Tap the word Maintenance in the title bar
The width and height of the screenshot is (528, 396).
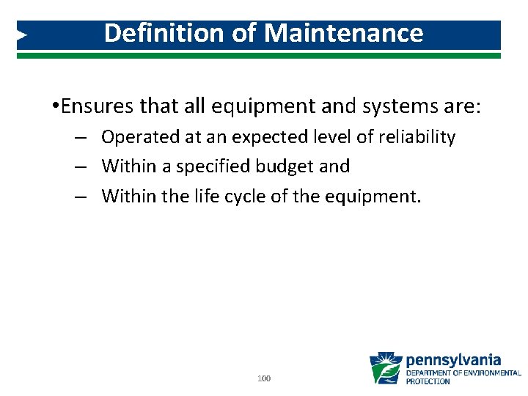click(344, 33)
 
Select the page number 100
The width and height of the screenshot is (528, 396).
click(265, 378)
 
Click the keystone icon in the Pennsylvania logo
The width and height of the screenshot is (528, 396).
click(385, 368)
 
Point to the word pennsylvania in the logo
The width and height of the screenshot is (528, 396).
click(453, 360)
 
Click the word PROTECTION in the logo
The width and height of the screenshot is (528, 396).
click(428, 381)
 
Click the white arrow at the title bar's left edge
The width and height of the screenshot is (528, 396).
click(22, 34)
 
